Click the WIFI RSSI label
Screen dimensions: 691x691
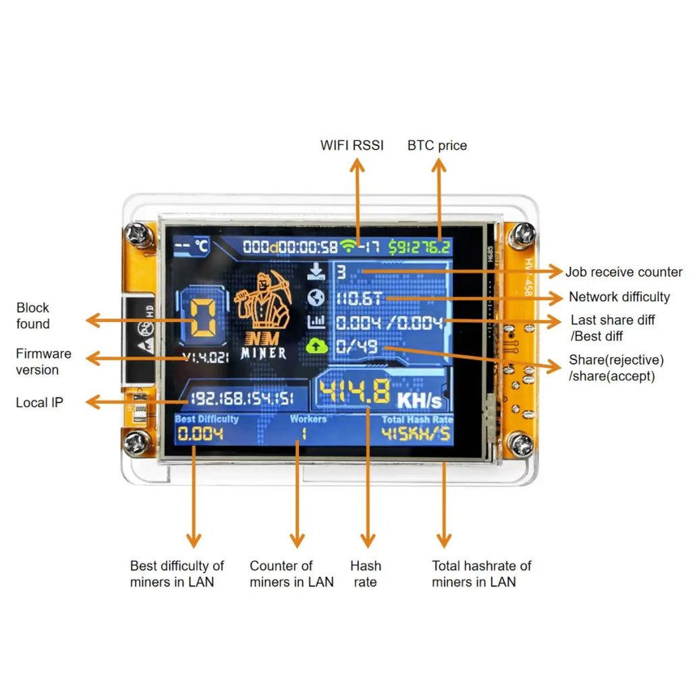[x=352, y=145]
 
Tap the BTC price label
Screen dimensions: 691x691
[x=437, y=145]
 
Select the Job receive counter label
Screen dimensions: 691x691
[x=624, y=272]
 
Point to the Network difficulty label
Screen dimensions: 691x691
[x=619, y=297]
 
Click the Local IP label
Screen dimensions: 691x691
[x=40, y=403]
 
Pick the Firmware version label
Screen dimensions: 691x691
[x=43, y=362]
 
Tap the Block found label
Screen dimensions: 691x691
[x=33, y=316]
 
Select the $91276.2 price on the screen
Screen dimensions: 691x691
[x=419, y=247]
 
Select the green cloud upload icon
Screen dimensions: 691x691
[x=316, y=346]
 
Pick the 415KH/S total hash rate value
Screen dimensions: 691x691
[x=416, y=434]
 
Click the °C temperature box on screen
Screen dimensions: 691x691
[x=191, y=246]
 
